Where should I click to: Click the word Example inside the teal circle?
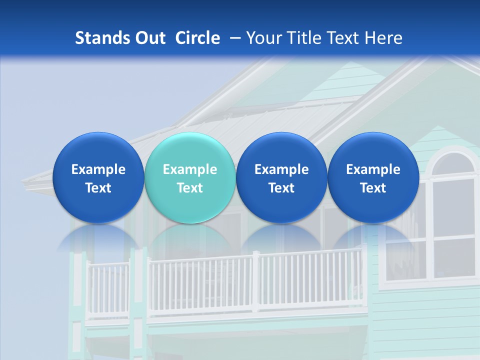point(190,169)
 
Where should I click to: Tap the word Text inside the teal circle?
point(190,188)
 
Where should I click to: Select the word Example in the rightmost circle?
point(373,169)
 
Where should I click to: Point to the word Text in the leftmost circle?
point(98,188)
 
